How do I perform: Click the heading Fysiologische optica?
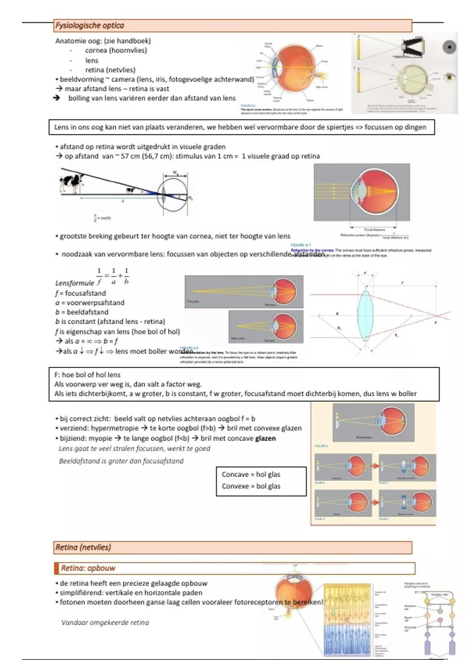[x=90, y=26]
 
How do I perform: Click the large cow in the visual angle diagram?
[x=70, y=182]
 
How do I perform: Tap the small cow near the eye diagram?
[x=130, y=190]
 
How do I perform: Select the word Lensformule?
[x=75, y=283]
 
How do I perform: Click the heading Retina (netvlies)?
[x=83, y=547]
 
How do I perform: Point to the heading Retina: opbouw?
[x=88, y=568]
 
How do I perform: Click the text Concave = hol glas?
[x=251, y=474]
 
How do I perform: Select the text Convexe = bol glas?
[x=251, y=486]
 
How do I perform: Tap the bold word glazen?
[x=265, y=438]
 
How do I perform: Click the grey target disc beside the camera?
[x=449, y=47]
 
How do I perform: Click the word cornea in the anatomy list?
[x=96, y=50]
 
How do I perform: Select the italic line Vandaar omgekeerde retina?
[x=105, y=622]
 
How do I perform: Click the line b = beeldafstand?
[x=82, y=312]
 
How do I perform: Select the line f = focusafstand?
[x=80, y=293]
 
